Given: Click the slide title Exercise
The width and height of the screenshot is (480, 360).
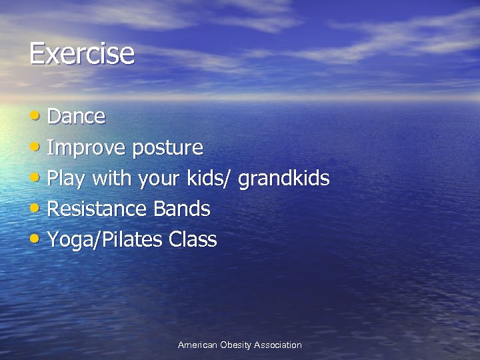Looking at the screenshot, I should click(x=81, y=53).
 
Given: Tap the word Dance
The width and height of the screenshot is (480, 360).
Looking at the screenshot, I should click(x=77, y=117).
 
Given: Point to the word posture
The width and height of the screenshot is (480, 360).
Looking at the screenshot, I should click(x=167, y=148).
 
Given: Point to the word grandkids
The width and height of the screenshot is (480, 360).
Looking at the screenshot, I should click(x=283, y=178).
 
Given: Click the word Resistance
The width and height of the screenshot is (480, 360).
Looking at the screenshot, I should click(x=97, y=209).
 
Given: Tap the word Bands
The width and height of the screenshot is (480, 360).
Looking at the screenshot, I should click(x=181, y=209).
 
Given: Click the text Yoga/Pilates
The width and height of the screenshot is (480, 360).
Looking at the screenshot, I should click(x=105, y=240).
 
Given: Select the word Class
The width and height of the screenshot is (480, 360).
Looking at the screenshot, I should click(x=193, y=239).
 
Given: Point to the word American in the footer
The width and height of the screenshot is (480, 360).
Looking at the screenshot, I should click(x=197, y=345).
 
